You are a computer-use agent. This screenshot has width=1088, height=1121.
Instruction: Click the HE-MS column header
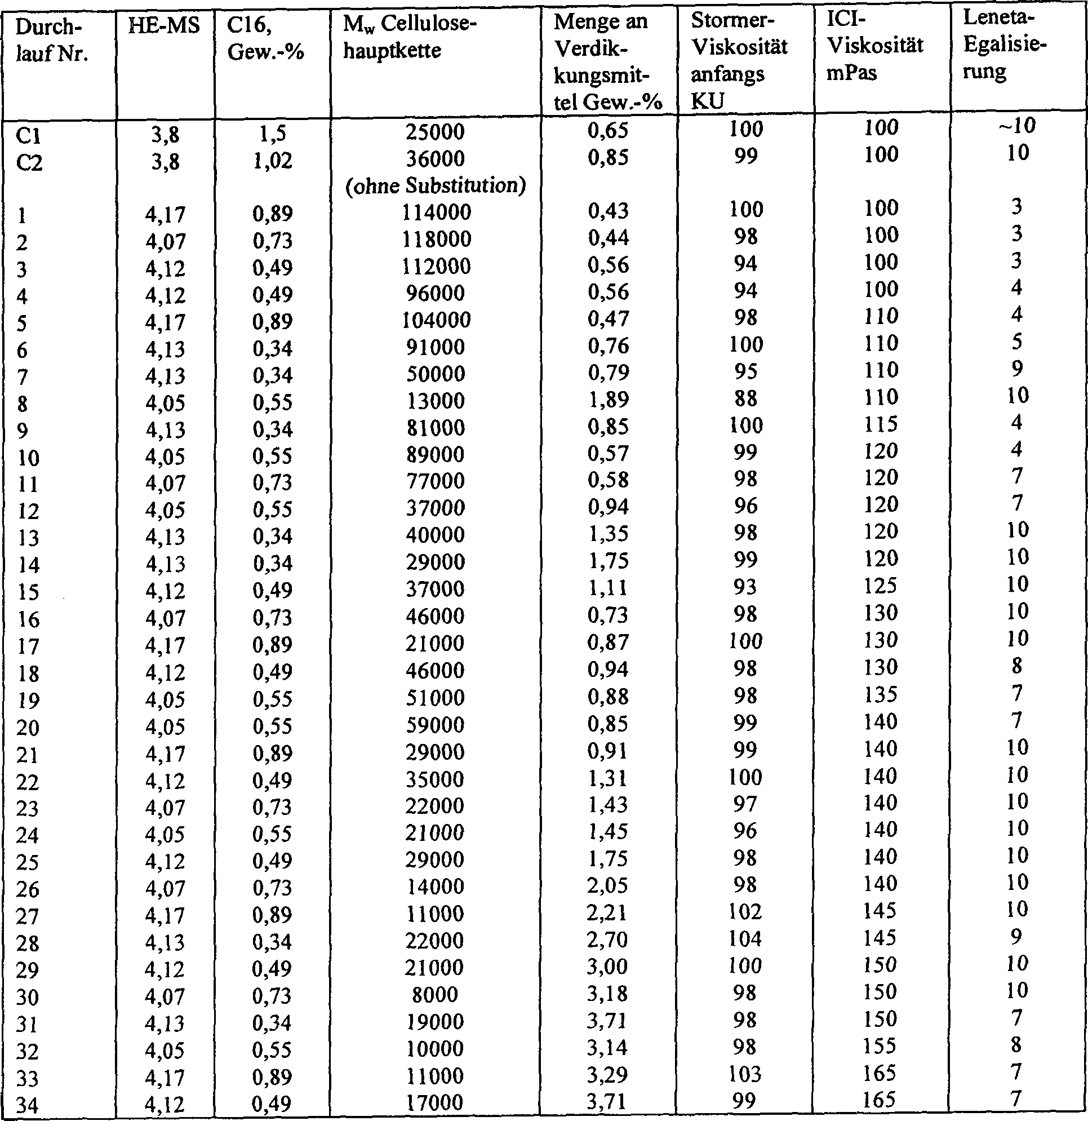click(x=164, y=26)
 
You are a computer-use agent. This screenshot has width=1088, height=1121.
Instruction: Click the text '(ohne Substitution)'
click(x=436, y=186)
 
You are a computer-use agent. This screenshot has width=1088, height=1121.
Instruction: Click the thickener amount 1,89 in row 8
click(x=608, y=399)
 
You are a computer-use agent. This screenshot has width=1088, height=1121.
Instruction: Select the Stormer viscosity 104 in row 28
click(x=745, y=939)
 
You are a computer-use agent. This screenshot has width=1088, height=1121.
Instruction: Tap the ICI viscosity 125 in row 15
click(x=881, y=586)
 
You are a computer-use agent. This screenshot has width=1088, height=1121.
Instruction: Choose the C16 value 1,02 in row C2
click(x=272, y=160)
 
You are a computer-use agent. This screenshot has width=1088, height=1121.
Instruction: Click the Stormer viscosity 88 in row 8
click(x=745, y=398)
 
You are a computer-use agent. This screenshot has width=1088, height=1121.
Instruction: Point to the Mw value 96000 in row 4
click(x=435, y=294)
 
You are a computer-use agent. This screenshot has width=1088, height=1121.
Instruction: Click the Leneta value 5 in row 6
click(x=1016, y=342)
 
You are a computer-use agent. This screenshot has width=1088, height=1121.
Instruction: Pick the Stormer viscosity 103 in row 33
click(x=745, y=1075)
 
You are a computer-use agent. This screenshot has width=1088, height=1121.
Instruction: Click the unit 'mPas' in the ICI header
click(x=851, y=73)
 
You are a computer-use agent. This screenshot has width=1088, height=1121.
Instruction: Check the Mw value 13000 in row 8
click(x=435, y=401)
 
